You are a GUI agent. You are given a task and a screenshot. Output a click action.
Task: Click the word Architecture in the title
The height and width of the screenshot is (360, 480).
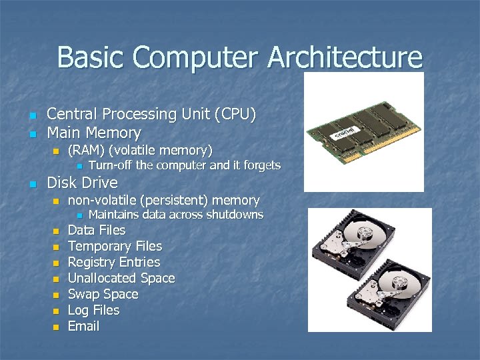(345, 57)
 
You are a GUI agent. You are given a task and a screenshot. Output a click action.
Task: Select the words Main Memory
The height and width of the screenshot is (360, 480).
(94, 133)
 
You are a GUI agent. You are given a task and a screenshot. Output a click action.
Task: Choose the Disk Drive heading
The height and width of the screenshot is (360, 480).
(82, 183)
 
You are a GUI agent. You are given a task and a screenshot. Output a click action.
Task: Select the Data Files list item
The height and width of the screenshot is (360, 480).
(97, 230)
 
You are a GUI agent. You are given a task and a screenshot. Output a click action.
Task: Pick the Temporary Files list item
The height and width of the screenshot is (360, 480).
(115, 246)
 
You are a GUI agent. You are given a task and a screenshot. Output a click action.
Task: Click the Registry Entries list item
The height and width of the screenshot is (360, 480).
(114, 262)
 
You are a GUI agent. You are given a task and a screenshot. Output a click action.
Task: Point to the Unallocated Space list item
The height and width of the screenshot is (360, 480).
(121, 278)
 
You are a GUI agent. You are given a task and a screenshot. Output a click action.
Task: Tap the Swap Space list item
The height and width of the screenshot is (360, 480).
(103, 294)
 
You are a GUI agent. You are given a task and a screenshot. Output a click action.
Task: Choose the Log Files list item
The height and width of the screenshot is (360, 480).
(94, 310)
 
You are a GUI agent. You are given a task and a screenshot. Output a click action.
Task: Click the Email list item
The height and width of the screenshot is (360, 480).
(83, 326)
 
